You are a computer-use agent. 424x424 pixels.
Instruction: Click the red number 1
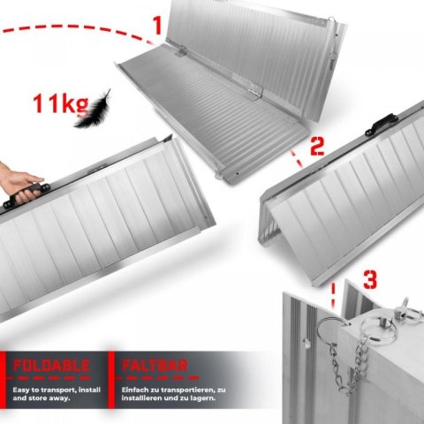[157, 26]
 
